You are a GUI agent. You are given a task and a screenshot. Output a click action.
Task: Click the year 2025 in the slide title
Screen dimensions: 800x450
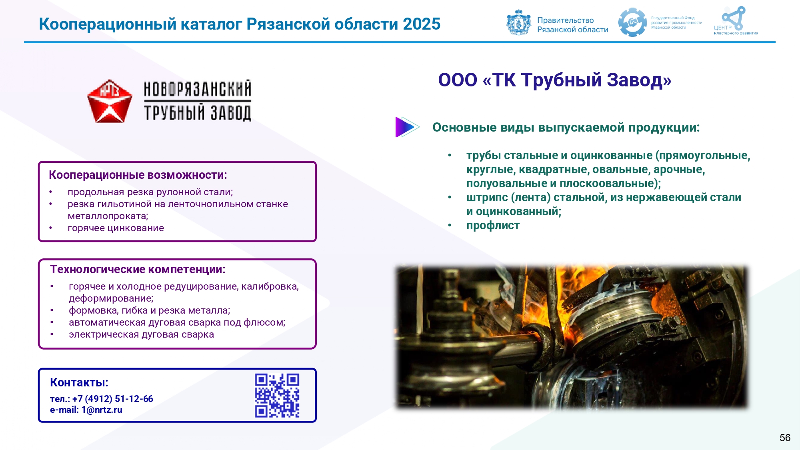point(422,24)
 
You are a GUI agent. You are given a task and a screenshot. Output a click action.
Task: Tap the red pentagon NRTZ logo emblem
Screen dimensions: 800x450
point(109,101)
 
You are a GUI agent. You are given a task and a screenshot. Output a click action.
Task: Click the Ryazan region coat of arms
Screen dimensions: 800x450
point(519,23)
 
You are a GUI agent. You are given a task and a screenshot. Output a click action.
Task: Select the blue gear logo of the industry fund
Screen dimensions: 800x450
point(632,22)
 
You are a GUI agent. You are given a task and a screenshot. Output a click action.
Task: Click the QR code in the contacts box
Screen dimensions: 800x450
point(277,396)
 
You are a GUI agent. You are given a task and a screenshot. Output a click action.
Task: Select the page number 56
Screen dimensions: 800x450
point(785,438)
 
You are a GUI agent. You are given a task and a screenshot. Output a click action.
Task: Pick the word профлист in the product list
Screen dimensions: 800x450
point(493,226)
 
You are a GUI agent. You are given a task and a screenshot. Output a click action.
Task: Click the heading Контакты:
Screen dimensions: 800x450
point(79,383)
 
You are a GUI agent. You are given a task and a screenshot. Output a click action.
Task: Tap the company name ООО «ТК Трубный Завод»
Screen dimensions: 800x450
point(555,80)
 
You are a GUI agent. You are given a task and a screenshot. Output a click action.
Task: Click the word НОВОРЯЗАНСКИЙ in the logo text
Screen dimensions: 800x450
point(198,89)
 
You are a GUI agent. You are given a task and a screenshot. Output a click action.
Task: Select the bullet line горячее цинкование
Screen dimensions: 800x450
point(116,228)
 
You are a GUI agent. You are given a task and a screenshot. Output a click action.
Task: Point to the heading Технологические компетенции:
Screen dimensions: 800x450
point(138,270)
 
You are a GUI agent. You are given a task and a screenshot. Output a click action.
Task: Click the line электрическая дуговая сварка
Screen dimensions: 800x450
point(141,334)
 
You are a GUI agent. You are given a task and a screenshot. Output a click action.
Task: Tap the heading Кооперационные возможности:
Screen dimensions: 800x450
point(138,175)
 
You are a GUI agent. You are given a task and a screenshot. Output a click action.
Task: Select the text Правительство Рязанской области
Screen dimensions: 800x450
point(572,25)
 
